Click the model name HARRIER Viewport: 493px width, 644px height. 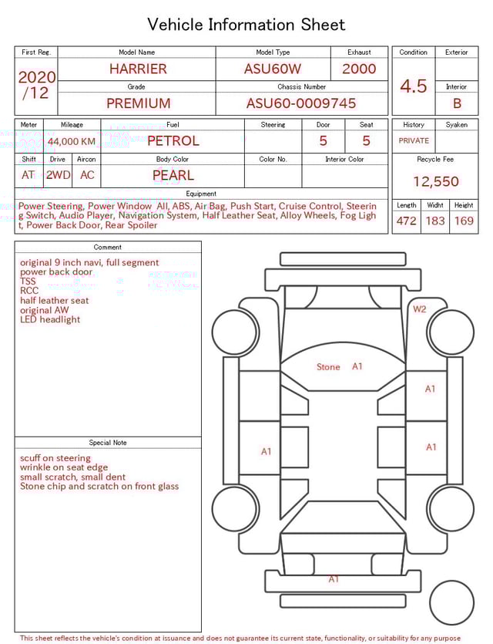point(138,69)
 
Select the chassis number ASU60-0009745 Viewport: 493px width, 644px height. point(301,103)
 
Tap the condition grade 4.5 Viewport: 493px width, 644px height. point(414,86)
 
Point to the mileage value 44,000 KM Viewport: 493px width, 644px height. point(72,142)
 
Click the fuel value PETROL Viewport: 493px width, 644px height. point(173,141)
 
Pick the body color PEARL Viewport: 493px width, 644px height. point(173,175)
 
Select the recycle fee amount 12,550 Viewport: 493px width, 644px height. point(435,182)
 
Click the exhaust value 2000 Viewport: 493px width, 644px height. point(359,69)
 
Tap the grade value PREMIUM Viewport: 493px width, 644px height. point(139,103)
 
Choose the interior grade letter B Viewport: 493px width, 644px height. point(457,103)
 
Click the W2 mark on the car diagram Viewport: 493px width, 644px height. point(419,309)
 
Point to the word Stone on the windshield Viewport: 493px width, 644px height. point(328,367)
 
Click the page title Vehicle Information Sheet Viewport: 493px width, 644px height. point(246,25)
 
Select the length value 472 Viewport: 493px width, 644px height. point(406,221)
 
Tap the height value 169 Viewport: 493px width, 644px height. point(464,221)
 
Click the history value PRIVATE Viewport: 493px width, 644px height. point(414,141)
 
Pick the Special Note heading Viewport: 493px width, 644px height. point(108,443)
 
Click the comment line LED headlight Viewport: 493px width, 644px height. point(50,320)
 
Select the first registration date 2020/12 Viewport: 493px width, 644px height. point(36,86)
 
